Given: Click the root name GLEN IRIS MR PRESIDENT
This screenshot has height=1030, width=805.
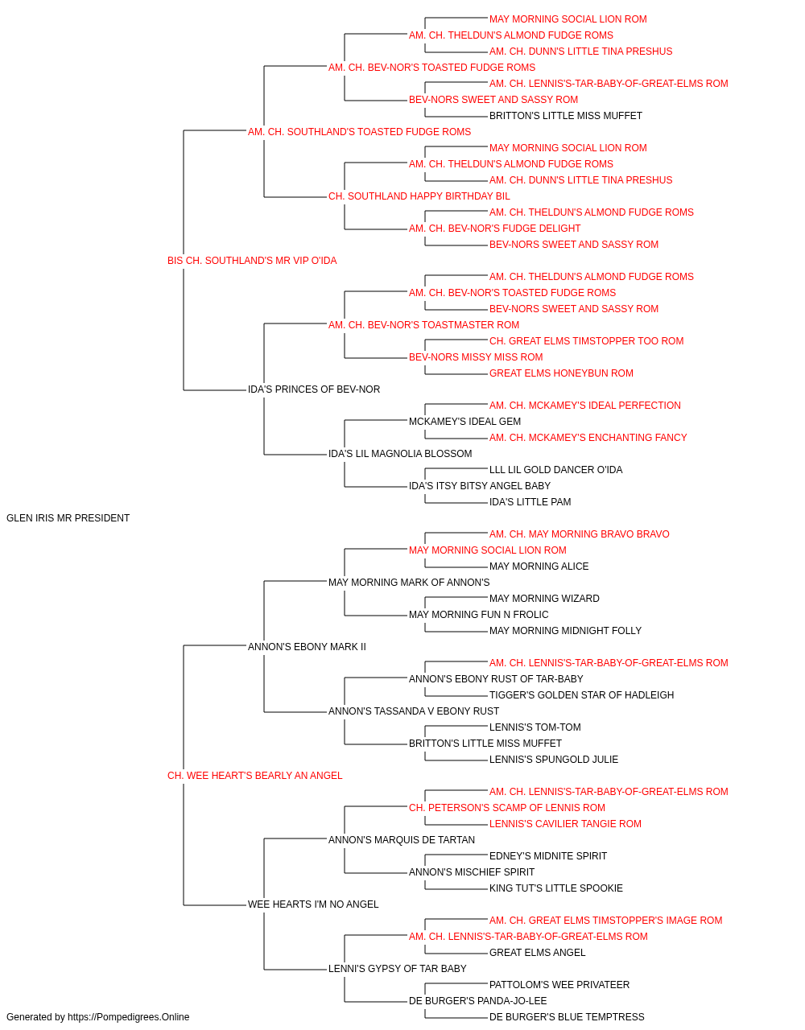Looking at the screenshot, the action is click(x=68, y=518).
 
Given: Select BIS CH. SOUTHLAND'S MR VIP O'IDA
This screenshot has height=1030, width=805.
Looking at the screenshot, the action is click(x=252, y=261).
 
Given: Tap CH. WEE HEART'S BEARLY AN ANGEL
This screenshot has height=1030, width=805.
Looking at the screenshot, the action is click(x=254, y=776).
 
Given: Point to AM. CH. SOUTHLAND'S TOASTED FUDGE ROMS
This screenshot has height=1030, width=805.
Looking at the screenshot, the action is click(x=359, y=132).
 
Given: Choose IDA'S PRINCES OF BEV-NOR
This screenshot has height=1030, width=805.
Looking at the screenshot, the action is click(x=314, y=389).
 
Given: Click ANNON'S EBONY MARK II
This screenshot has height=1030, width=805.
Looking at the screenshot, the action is click(x=307, y=646).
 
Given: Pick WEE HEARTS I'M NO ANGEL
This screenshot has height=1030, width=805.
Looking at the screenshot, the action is click(x=313, y=904).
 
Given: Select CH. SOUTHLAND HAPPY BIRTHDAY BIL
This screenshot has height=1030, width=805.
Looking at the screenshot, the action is click(x=419, y=196).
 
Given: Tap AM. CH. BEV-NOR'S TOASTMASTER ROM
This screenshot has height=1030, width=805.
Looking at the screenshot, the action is click(x=423, y=324).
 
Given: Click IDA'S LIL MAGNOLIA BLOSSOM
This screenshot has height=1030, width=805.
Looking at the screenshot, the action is click(x=400, y=454).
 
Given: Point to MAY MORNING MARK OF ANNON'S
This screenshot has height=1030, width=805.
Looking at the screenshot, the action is click(x=409, y=582).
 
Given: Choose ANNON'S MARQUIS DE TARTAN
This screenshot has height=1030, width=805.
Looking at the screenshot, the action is click(x=401, y=839).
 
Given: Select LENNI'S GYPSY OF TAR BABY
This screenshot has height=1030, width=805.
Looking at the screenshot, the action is click(x=398, y=968).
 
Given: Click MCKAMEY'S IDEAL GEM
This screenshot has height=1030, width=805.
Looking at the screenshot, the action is click(x=464, y=422).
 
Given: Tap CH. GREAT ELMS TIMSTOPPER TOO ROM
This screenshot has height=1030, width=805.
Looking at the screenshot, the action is click(x=587, y=341).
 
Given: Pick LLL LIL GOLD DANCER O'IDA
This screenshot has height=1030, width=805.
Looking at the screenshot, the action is click(x=555, y=470).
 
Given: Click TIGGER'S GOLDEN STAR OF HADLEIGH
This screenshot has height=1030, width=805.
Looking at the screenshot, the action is click(x=581, y=695).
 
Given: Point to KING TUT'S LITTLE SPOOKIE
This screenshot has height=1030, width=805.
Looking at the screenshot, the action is click(x=555, y=888).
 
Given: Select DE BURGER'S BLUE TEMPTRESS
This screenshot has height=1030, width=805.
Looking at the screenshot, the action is click(x=567, y=1017).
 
